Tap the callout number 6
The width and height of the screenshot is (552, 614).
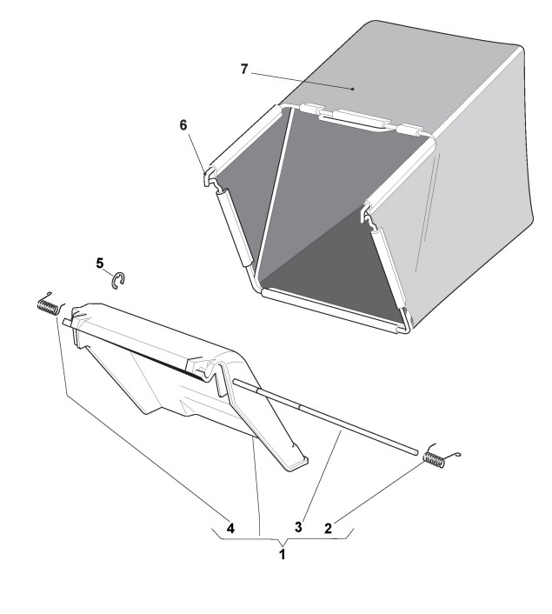(x=183, y=124)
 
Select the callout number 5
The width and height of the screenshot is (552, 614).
(x=100, y=263)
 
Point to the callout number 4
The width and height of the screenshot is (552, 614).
(x=230, y=527)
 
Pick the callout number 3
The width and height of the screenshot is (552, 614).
(x=297, y=527)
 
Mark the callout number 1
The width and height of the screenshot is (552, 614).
(x=282, y=554)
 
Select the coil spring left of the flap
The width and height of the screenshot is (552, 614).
(x=48, y=304)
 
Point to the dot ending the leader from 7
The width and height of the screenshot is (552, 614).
(x=352, y=88)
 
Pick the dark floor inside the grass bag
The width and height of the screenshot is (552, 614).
(x=330, y=270)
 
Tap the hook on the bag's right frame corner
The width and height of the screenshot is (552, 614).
(x=369, y=213)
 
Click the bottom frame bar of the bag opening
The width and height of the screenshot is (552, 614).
(x=330, y=307)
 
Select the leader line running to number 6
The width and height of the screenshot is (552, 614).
(x=196, y=147)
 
